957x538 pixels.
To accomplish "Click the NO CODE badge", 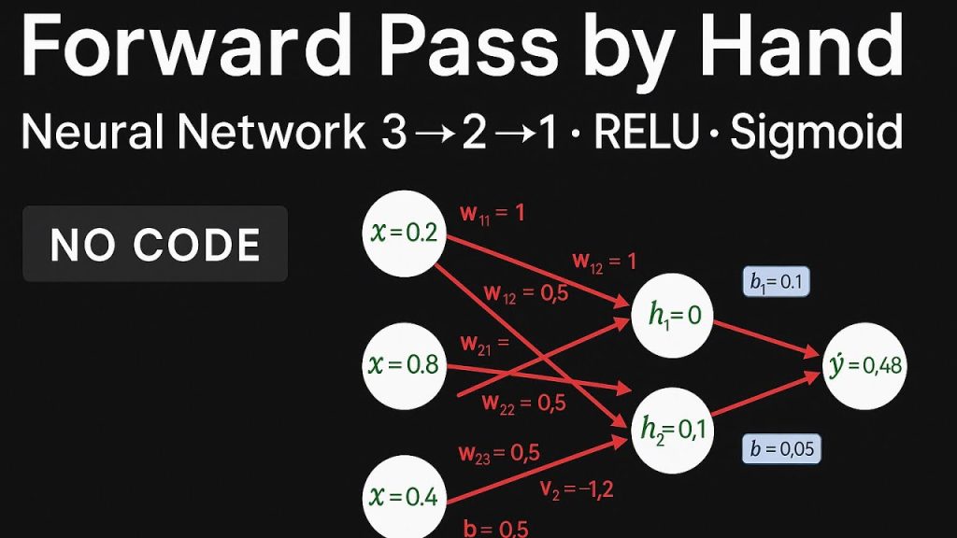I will coord(155,244).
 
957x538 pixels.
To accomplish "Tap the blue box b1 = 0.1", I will coord(776,282).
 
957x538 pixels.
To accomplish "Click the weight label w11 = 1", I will coord(492,213).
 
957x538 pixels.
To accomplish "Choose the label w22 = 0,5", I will coord(523,403).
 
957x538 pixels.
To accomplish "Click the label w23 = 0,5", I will coord(499,454).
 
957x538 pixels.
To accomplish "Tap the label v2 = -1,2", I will coord(577,487).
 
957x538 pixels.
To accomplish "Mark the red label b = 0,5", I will coord(495,529).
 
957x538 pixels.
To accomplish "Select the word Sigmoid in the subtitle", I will coord(816,134).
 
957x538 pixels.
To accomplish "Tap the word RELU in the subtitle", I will coord(647,134).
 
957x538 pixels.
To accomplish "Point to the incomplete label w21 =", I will coord(483,344).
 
